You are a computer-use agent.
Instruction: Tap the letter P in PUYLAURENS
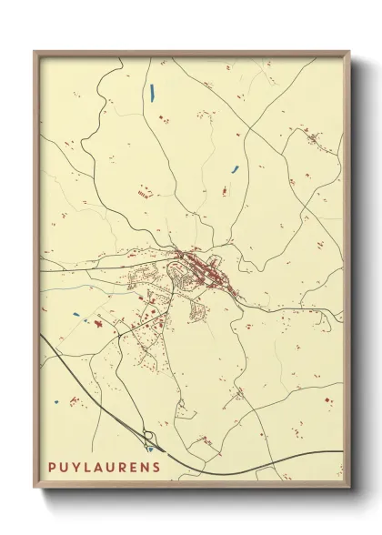tap(53, 468)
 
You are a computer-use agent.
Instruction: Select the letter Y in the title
tap(75, 468)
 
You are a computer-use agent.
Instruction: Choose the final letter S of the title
tap(156, 468)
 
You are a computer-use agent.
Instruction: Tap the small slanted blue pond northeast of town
tap(235, 168)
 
